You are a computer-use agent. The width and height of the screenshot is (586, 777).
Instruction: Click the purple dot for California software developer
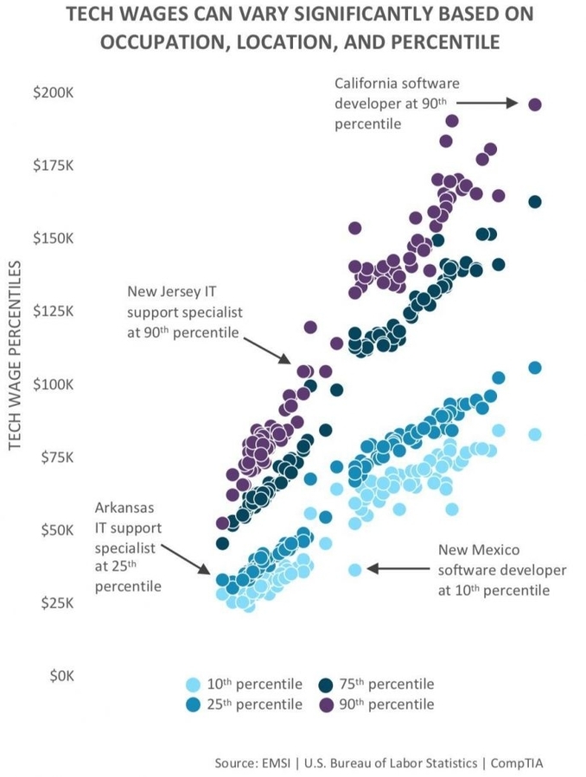[x=535, y=104]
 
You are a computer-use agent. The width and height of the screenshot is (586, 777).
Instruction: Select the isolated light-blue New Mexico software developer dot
[x=354, y=569]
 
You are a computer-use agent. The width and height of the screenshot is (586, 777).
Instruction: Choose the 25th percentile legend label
[x=257, y=704]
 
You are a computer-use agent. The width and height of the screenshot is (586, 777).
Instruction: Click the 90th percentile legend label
[x=388, y=704]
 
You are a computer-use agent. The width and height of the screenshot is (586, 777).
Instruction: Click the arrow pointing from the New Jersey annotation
[x=268, y=349]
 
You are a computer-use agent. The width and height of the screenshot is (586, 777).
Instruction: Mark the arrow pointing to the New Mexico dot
[x=398, y=568]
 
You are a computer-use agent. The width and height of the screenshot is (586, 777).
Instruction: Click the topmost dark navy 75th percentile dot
[x=535, y=202]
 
